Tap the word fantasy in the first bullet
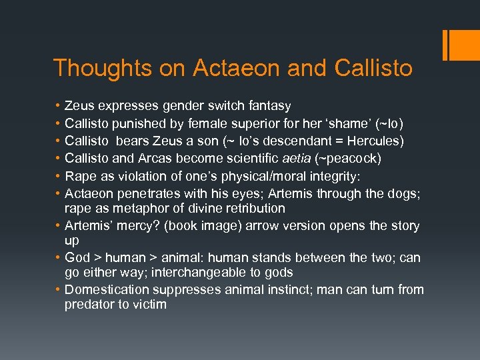click(268, 106)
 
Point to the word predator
click(89, 305)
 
